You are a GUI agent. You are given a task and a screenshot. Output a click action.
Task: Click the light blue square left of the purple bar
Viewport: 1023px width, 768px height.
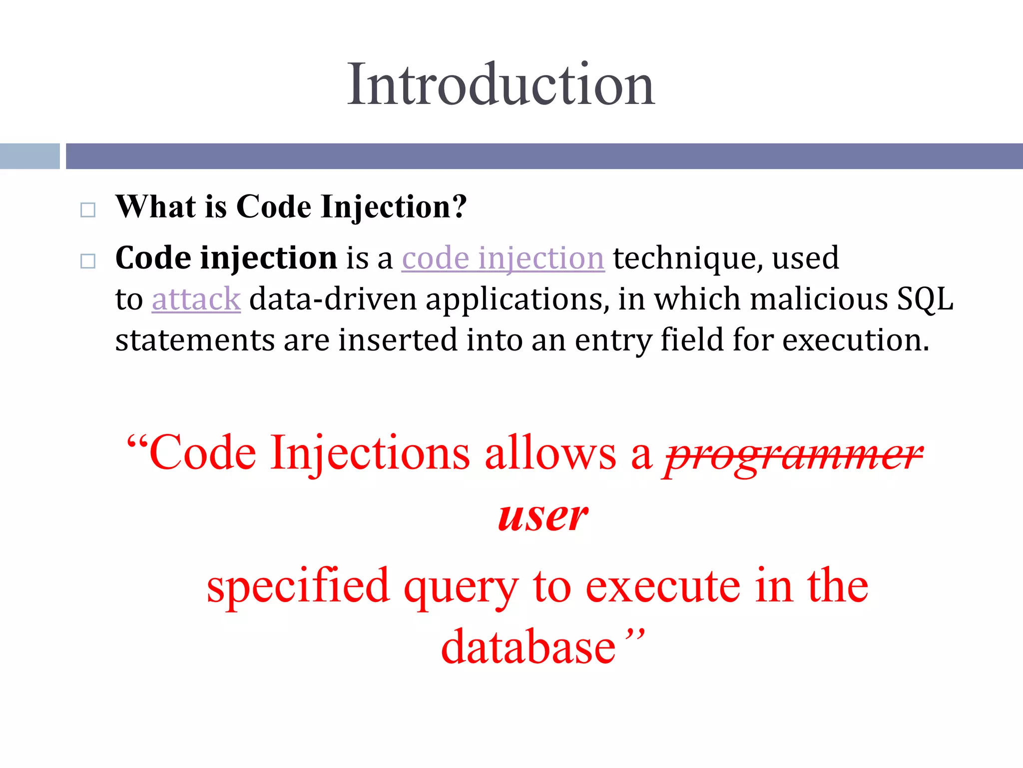click(x=29, y=156)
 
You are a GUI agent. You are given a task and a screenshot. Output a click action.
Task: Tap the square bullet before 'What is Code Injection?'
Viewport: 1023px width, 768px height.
click(x=88, y=210)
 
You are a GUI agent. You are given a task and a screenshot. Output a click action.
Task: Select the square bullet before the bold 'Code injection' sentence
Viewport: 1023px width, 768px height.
click(x=88, y=261)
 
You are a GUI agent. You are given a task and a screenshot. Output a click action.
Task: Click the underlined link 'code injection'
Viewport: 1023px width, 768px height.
click(x=503, y=258)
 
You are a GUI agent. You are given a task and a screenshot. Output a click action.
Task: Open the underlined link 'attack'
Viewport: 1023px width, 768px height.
click(x=196, y=299)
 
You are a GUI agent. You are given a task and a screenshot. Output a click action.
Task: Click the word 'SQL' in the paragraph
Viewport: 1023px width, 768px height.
click(x=925, y=299)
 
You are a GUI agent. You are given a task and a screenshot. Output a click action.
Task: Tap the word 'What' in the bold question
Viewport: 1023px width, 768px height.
click(x=155, y=207)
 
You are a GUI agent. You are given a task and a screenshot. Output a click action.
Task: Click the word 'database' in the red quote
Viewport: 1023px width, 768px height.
click(x=528, y=647)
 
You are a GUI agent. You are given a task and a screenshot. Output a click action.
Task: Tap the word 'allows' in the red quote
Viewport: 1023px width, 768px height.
click(x=550, y=453)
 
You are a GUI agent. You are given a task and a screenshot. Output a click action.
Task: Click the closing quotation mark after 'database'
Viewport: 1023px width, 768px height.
click(x=635, y=636)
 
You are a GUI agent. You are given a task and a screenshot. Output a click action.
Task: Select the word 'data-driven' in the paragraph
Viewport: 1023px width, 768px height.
click(x=333, y=299)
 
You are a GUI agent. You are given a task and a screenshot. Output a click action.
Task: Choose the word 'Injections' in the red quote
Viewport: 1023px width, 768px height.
click(x=370, y=453)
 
